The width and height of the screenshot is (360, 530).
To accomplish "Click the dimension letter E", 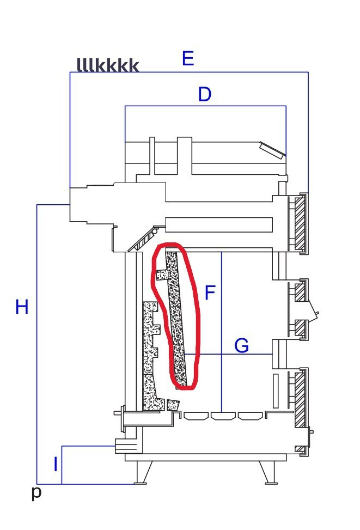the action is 188,58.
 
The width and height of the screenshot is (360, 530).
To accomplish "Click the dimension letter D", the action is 205,94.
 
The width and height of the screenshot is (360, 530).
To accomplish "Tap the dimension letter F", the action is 210,293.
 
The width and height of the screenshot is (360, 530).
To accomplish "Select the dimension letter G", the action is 241,345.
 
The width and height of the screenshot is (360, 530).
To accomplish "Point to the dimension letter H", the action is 22,307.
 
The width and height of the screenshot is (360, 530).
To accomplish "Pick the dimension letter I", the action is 56,464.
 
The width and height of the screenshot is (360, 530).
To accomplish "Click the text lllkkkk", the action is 108,65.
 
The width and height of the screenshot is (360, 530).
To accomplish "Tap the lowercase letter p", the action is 36,492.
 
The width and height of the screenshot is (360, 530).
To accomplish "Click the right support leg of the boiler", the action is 268,473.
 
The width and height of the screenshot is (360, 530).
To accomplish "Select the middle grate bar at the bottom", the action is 222,416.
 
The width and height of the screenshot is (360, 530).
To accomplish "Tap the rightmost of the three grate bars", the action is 250,416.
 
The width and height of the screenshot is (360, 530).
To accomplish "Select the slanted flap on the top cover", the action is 272,150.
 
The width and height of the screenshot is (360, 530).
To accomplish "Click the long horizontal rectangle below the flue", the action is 219,225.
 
